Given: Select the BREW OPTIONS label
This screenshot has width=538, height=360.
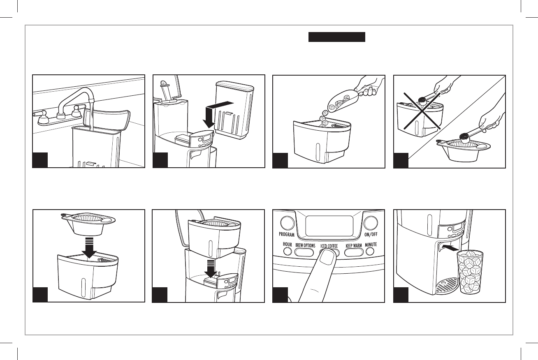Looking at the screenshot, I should pyautogui.click(x=305, y=246).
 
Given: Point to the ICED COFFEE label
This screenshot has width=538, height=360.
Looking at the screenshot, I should pyautogui.click(x=329, y=246).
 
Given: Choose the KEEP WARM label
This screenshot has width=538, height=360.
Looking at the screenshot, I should pyautogui.click(x=353, y=246).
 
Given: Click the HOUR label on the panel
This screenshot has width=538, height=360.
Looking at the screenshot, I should pyautogui.click(x=287, y=245).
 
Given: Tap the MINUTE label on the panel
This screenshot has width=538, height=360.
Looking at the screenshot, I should pyautogui.click(x=371, y=245).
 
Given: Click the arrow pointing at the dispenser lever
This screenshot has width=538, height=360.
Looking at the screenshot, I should pyautogui.click(x=450, y=248).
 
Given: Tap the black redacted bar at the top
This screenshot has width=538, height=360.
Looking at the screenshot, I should pyautogui.click(x=337, y=37).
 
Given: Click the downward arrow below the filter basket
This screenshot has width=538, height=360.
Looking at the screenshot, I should pyautogui.click(x=88, y=247).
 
